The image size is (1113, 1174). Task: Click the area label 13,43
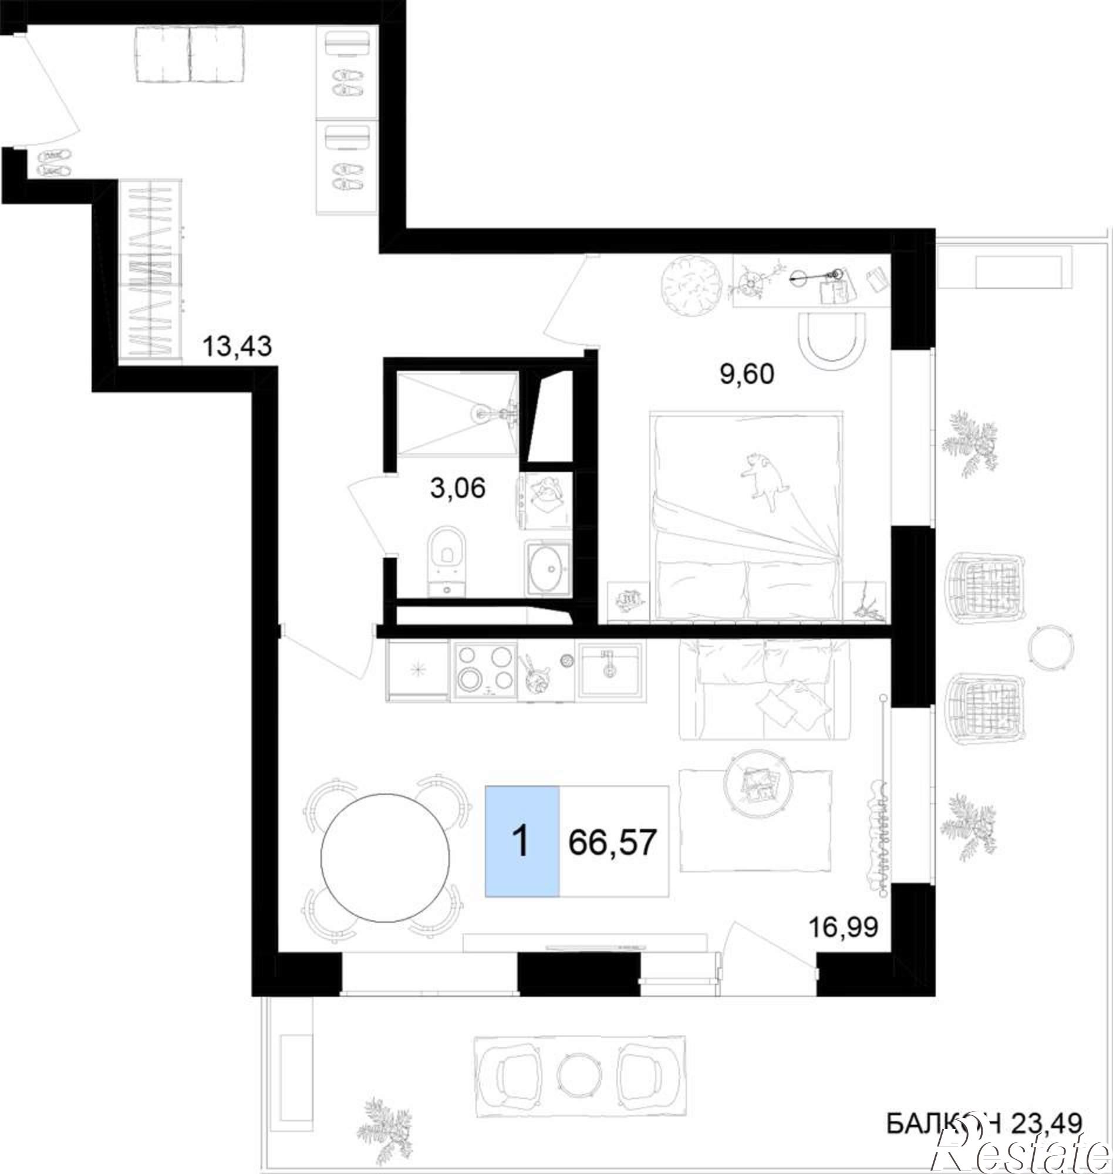click(237, 346)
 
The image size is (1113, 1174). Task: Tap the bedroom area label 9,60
click(747, 375)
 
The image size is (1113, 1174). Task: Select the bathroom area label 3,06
click(457, 488)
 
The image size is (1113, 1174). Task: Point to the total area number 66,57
click(613, 841)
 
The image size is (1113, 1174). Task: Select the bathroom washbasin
click(548, 568)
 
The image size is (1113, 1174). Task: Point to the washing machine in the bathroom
click(546, 500)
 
